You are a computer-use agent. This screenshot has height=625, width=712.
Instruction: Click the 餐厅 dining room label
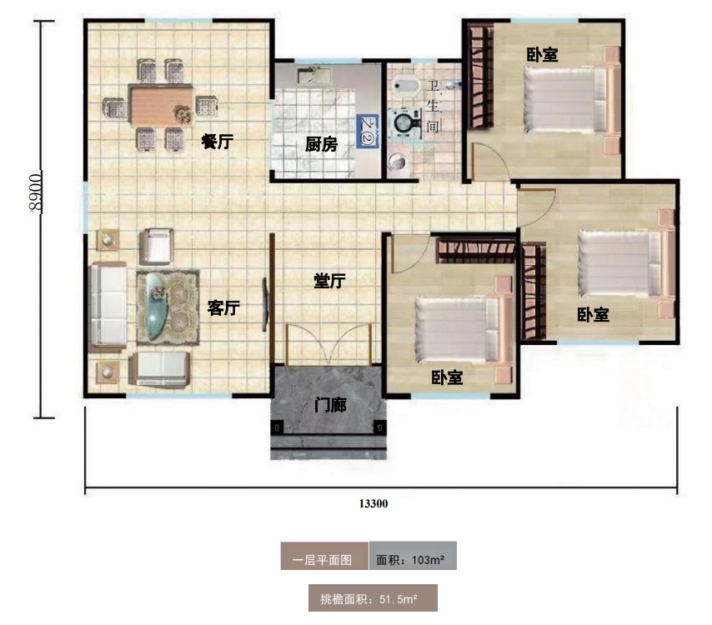point(217,142)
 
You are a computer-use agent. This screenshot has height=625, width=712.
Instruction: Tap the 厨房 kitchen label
point(321,144)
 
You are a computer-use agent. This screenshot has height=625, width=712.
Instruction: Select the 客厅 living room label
point(223,307)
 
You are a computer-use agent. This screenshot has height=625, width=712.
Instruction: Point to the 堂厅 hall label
point(329,281)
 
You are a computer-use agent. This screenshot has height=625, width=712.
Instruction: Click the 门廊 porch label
point(330,405)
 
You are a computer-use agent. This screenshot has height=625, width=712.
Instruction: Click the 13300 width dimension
point(374,503)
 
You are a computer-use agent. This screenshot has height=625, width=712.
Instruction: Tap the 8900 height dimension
point(34,192)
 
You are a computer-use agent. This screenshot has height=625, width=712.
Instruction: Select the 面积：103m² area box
point(413,556)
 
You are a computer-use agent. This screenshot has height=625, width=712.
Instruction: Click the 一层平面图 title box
point(324,556)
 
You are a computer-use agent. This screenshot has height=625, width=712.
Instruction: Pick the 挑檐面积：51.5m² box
point(373,597)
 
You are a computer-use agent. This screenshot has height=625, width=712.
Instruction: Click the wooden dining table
point(161,106)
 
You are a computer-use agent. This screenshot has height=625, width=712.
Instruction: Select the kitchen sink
point(313,75)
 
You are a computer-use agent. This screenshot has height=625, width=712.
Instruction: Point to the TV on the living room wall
point(265,304)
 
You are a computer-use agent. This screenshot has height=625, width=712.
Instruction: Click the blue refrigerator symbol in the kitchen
point(368,131)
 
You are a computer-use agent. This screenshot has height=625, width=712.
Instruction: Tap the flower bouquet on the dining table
point(183,113)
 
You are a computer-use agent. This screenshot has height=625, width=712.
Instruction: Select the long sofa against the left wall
point(108,307)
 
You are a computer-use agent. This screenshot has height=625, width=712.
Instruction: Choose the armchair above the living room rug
point(156,246)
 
